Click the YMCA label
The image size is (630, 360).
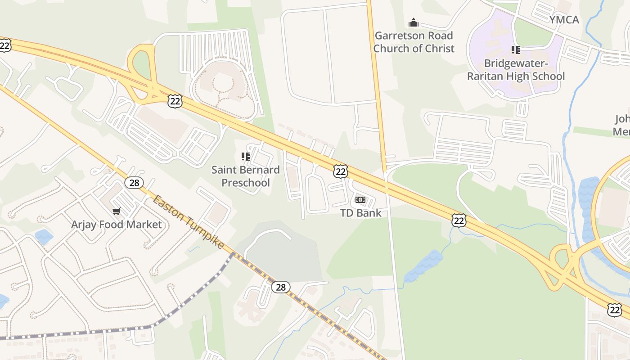tap(564, 20)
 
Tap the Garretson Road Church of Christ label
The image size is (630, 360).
tap(414, 42)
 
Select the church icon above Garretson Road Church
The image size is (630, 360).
tap(413, 22)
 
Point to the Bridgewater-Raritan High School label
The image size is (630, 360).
tap(515, 70)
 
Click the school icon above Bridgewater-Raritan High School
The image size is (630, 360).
tap(515, 50)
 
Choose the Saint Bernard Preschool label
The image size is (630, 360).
tap(246, 176)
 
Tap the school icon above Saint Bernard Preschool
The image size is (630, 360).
tap(246, 157)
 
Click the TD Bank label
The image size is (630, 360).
tap(360, 213)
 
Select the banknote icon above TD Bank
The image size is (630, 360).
tap(360, 200)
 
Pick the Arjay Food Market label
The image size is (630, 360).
tap(116, 224)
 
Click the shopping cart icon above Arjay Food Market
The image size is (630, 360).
tap(117, 211)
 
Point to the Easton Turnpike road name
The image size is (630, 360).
tap(188, 221)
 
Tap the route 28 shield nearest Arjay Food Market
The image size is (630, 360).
tap(134, 183)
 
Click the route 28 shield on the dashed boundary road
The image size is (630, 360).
tap(280, 287)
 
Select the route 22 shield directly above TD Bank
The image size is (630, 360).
tap(341, 171)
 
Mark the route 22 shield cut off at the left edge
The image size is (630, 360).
tap(4, 45)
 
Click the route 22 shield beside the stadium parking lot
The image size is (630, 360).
tap(175, 101)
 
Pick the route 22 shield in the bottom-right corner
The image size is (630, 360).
tap(614, 310)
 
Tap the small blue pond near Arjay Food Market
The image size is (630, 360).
tap(44, 237)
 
